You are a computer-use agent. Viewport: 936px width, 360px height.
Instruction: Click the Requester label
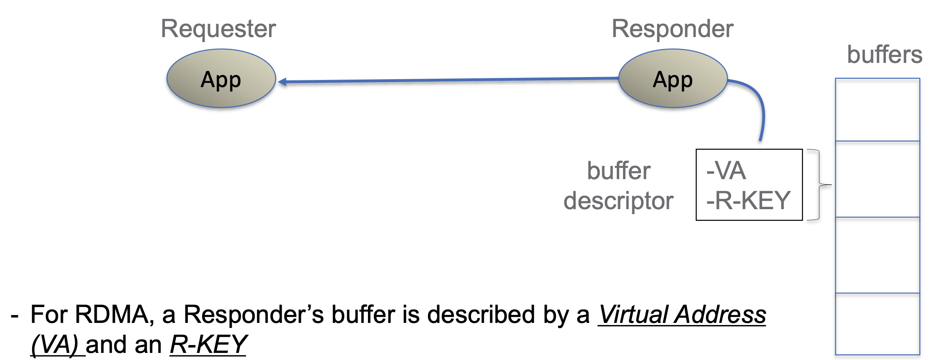click(x=218, y=30)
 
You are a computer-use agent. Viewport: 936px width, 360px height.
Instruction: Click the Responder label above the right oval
click(x=672, y=29)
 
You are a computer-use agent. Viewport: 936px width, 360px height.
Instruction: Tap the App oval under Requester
click(x=221, y=78)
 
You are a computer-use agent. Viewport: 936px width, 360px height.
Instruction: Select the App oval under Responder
click(x=673, y=78)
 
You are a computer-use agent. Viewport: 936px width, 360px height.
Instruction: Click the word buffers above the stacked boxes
click(x=885, y=55)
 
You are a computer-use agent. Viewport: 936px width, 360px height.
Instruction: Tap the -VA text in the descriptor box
click(x=726, y=170)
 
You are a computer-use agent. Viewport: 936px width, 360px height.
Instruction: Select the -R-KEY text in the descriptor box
click(x=748, y=200)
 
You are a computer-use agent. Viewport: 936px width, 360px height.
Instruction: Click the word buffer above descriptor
click(x=619, y=171)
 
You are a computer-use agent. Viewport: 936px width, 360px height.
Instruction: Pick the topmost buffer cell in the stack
click(x=878, y=110)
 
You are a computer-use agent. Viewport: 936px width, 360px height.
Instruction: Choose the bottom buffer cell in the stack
click(x=878, y=324)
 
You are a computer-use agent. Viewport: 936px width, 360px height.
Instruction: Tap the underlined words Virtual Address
click(x=682, y=315)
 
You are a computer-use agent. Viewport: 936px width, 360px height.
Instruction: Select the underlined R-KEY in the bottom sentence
click(x=208, y=345)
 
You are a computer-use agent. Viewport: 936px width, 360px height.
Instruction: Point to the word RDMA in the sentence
click(x=113, y=315)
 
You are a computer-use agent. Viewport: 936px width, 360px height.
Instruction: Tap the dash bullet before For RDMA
click(x=15, y=316)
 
